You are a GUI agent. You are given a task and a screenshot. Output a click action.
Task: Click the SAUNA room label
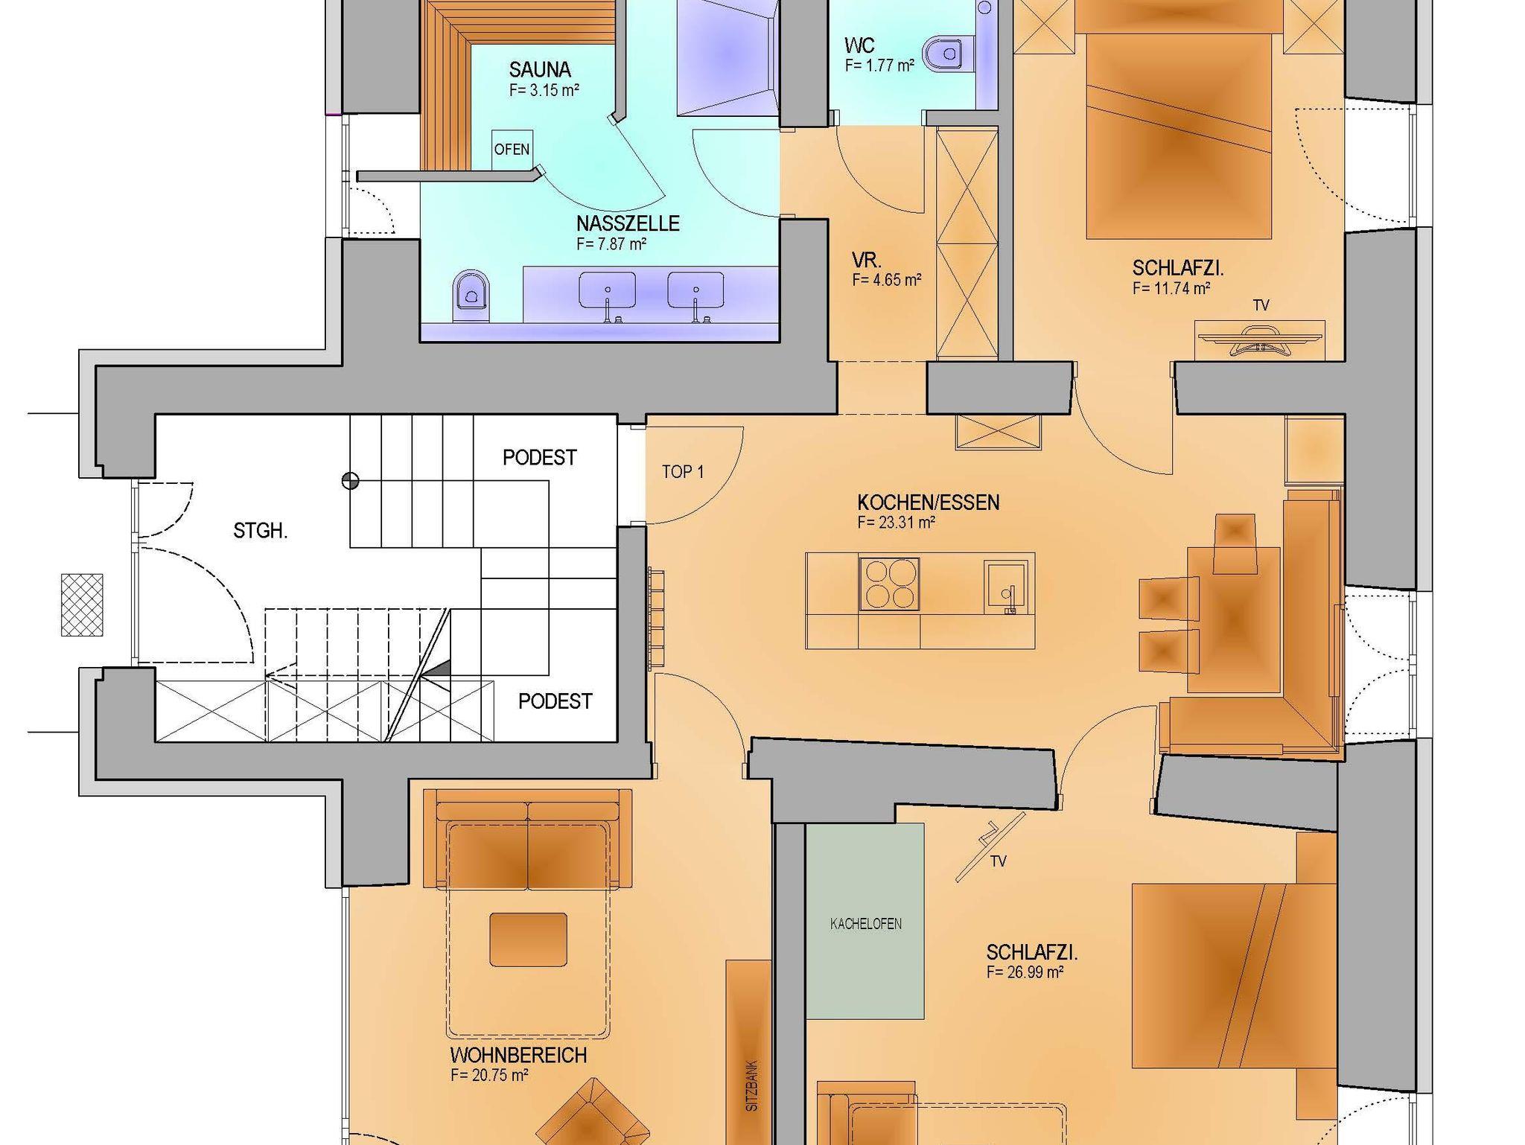tap(540, 70)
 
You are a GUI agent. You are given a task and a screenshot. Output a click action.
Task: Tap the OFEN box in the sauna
tap(512, 150)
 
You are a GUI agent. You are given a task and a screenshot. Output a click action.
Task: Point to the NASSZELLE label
tap(628, 223)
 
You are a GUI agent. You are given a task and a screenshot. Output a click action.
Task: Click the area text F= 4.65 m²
tap(887, 280)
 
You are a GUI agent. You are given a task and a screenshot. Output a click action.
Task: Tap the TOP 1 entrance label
tap(683, 472)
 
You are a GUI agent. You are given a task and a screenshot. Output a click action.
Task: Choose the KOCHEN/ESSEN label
tap(928, 503)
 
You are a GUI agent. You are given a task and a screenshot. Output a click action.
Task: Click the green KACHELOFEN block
tap(865, 921)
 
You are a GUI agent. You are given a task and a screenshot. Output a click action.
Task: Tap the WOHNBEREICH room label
tap(518, 1056)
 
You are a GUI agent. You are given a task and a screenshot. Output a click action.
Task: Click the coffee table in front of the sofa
tap(528, 940)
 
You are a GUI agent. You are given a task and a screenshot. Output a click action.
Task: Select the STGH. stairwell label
tap(261, 532)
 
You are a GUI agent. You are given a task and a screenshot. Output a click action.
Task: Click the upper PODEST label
tap(540, 458)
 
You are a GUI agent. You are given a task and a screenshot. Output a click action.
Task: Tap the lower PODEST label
tap(555, 701)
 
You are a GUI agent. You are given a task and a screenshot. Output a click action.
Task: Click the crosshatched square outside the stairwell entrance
tap(82, 605)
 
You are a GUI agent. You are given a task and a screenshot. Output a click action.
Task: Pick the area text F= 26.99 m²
tap(1025, 972)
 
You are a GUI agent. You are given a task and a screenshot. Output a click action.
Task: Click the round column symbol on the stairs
tap(350, 481)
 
